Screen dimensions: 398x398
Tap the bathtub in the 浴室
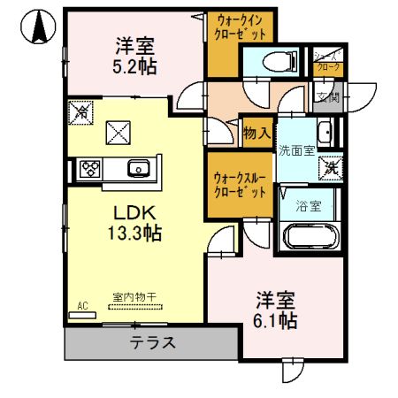309,238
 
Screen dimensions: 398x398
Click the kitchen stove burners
90,168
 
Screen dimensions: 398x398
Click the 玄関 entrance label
327,97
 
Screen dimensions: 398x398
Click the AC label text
83,306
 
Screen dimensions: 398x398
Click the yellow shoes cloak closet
327,61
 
